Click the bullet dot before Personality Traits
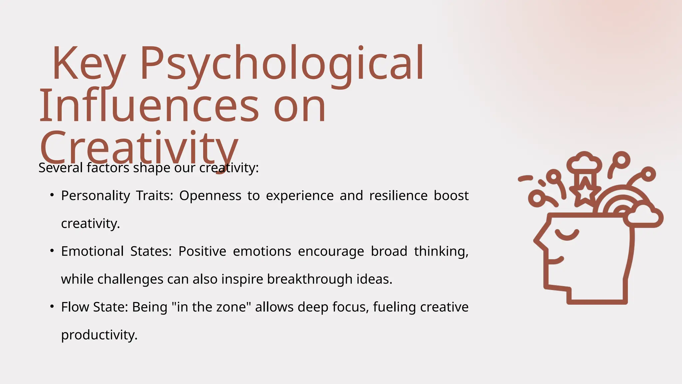tap(52, 195)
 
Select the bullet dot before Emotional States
tap(52, 251)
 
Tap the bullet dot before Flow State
tap(52, 307)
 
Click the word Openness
tap(210, 196)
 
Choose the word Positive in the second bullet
tap(202, 251)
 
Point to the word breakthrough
tap(310, 279)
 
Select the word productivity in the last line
tap(99, 335)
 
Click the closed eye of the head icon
tap(567, 235)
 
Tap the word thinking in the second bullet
tap(441, 251)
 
